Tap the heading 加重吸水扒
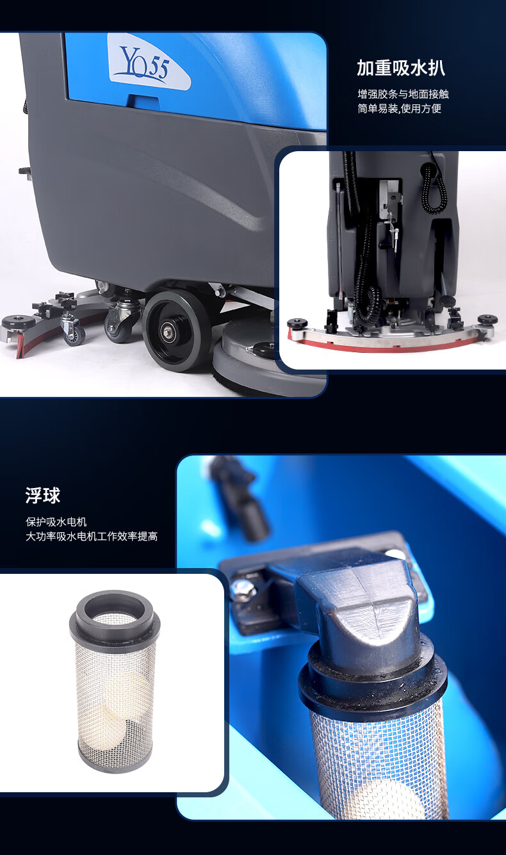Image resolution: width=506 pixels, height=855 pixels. click(x=401, y=69)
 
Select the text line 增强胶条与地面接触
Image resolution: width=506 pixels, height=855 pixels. click(x=403, y=94)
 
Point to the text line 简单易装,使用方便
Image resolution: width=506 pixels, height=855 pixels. click(x=399, y=109)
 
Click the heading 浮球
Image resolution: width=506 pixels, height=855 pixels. click(x=43, y=496)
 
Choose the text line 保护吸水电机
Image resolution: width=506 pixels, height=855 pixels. click(x=56, y=522)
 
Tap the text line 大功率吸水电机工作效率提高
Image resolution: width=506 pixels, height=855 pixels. click(x=92, y=536)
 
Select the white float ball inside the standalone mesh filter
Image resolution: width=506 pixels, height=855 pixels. click(x=126, y=689)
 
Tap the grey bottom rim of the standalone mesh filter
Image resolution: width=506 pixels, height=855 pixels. click(x=115, y=763)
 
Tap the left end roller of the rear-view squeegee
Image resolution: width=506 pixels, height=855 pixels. click(x=298, y=323)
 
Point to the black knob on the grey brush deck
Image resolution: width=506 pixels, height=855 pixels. click(x=264, y=346)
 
